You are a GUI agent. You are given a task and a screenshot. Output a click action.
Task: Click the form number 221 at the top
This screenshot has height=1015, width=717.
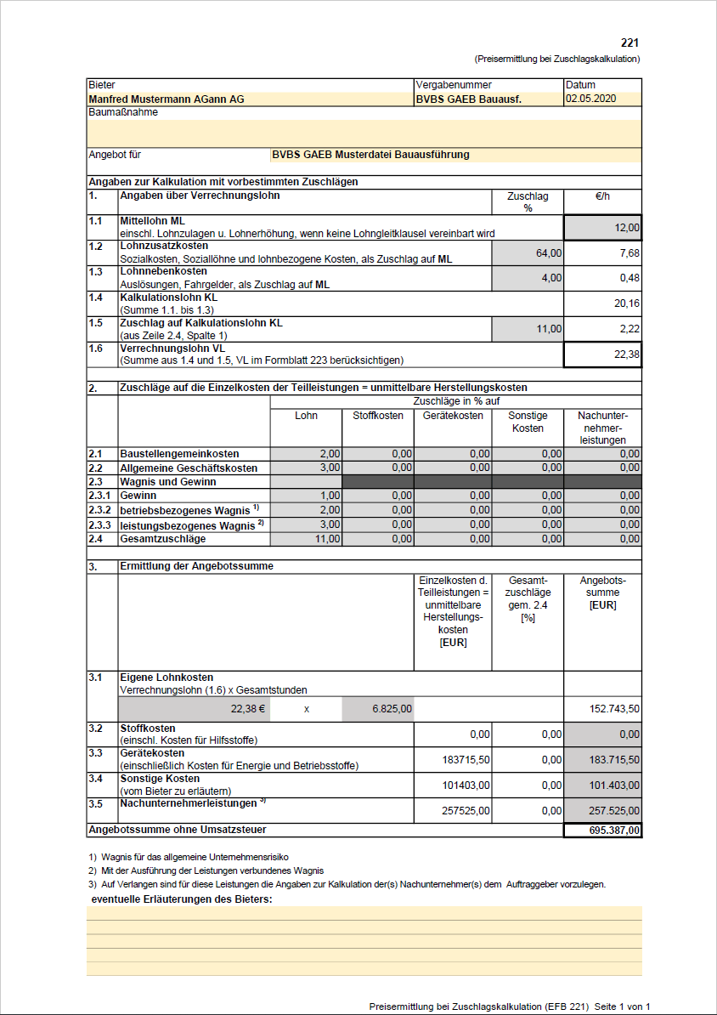click(629, 43)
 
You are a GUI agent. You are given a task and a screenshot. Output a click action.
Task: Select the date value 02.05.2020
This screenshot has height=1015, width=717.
click(590, 99)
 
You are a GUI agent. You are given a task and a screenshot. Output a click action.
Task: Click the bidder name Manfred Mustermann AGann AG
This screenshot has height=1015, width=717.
click(167, 99)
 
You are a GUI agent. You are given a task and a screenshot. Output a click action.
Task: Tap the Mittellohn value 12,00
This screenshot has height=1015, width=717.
click(626, 229)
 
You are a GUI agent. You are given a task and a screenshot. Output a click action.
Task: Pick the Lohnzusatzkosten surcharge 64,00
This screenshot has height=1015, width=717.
click(548, 253)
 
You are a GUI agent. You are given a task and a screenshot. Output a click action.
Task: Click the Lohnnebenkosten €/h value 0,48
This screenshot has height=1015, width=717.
click(629, 278)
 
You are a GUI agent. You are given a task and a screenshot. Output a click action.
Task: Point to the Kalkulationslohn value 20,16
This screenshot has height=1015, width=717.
click(627, 303)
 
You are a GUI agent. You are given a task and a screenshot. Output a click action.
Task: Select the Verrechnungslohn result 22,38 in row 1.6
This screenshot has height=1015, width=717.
click(627, 354)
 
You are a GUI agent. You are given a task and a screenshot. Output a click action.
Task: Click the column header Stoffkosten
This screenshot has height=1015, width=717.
click(378, 416)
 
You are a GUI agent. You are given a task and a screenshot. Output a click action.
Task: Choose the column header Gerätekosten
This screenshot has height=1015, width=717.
click(453, 416)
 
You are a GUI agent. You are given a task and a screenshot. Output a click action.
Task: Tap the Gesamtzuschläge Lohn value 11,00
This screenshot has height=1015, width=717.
click(328, 538)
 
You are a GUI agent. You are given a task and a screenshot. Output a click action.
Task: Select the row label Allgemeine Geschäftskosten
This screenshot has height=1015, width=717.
click(189, 468)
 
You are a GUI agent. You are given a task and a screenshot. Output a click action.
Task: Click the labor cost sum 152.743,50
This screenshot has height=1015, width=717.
click(614, 708)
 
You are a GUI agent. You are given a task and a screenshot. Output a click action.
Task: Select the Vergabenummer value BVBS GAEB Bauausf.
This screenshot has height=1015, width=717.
click(468, 99)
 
